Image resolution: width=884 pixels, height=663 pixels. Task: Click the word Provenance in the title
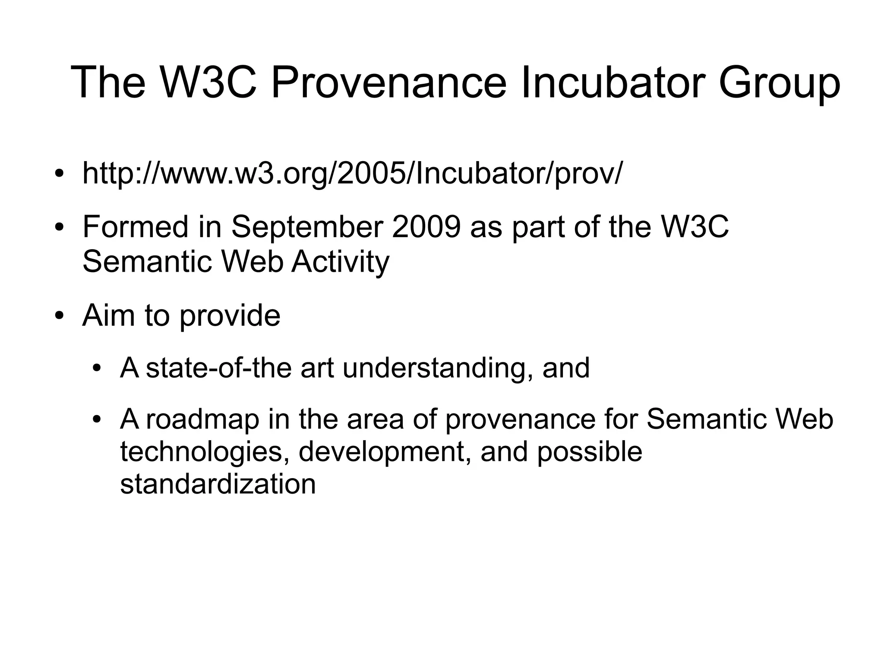pyautogui.click(x=388, y=82)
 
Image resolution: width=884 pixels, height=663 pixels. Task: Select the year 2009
pyautogui.click(x=426, y=227)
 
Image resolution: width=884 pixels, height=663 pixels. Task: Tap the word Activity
pyautogui.click(x=340, y=262)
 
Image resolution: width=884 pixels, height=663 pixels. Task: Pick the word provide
pyautogui.click(x=230, y=317)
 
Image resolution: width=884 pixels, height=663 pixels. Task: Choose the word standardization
pyautogui.click(x=218, y=484)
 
